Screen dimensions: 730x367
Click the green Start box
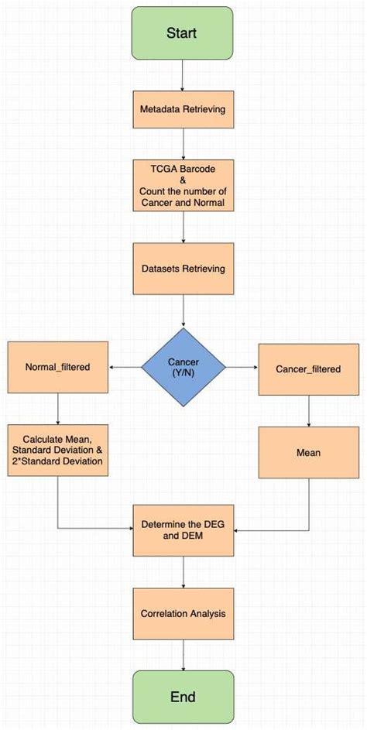pos(182,33)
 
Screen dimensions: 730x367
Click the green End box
pos(183,696)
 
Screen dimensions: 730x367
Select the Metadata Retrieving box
pos(183,109)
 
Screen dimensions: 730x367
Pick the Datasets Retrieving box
pos(183,269)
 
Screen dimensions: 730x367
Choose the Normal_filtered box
pos(58,366)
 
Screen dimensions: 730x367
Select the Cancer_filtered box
pos(308,369)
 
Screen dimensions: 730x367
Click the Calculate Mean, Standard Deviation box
pos(58,450)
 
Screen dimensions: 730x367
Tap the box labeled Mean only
pos(308,452)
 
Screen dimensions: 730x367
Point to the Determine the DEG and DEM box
pos(183,530)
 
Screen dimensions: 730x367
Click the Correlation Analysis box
pos(183,613)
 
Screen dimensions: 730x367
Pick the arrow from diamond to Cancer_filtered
pos(242,367)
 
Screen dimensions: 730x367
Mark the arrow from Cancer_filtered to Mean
pos(308,410)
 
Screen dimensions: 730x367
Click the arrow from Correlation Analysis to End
pos(183,654)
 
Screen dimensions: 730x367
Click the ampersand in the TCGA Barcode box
pos(183,179)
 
